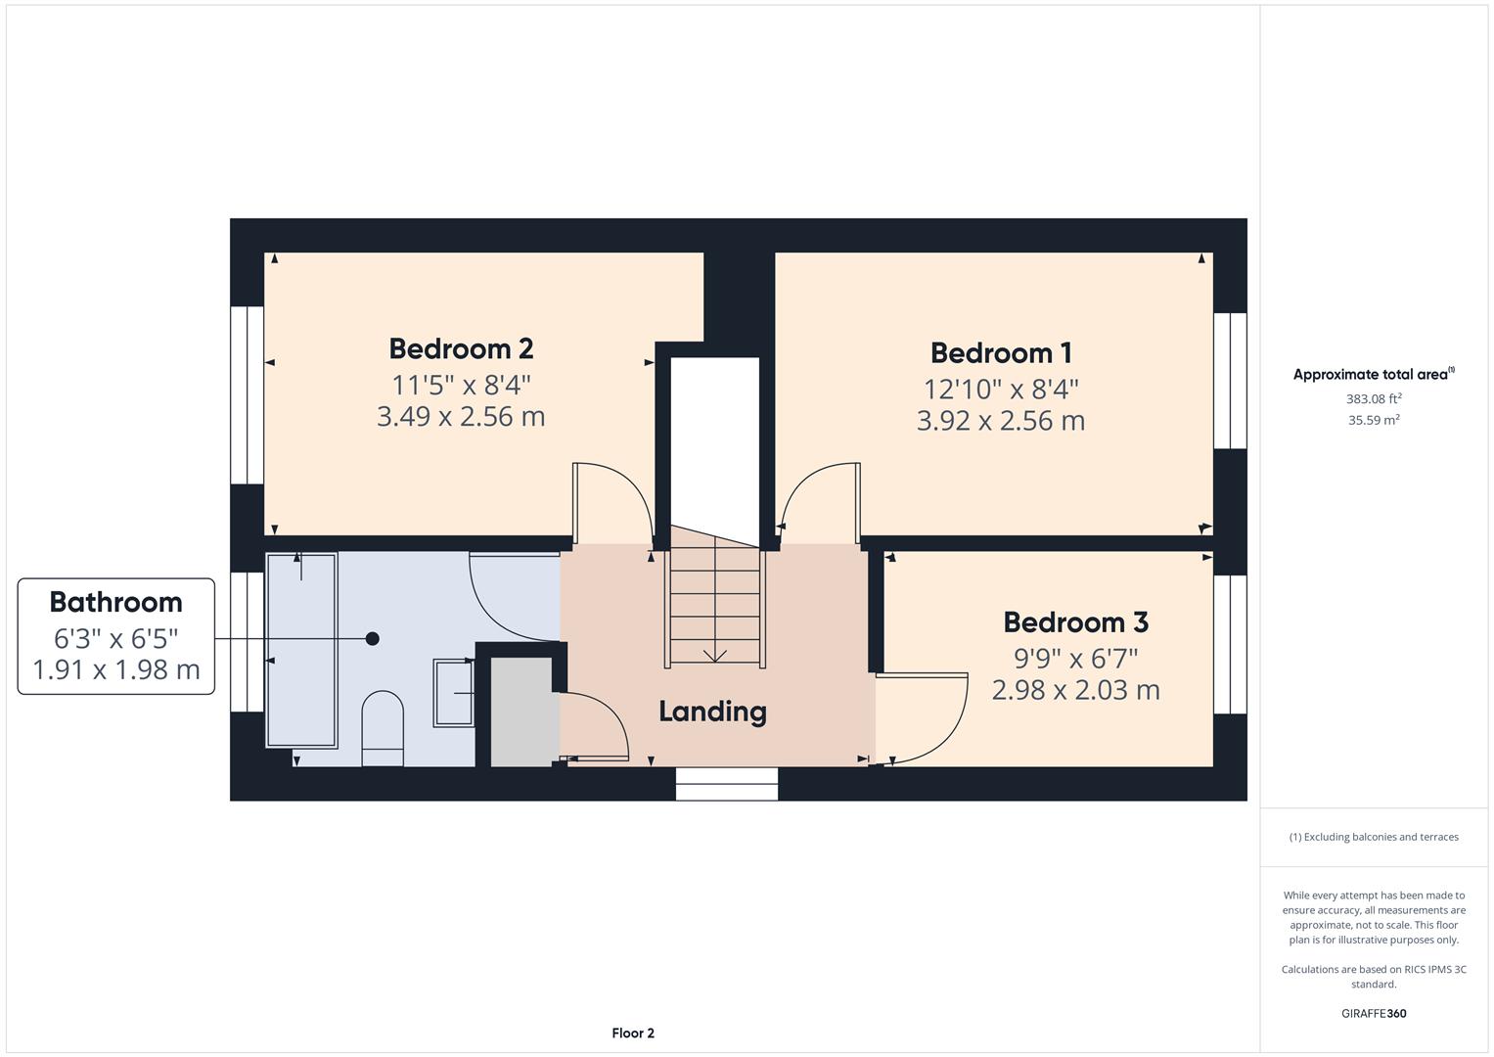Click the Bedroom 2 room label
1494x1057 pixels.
(x=461, y=348)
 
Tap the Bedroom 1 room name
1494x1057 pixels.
(x=1001, y=352)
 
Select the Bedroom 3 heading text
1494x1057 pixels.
(x=1075, y=622)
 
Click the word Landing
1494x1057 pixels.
(x=712, y=712)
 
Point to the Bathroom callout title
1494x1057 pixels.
(x=115, y=602)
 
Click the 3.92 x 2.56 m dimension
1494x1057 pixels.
(x=1001, y=421)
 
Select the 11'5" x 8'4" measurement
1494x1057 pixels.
(x=461, y=384)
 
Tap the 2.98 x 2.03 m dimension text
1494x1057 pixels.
(x=1075, y=690)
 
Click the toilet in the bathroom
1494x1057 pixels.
(x=383, y=728)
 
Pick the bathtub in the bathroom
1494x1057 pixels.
(x=301, y=650)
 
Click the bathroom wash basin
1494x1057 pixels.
(x=454, y=693)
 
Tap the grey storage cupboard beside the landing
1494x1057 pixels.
(x=521, y=712)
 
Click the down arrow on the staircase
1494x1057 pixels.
(x=715, y=655)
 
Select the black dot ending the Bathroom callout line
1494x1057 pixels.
(x=372, y=639)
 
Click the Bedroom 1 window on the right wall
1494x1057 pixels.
(x=1230, y=381)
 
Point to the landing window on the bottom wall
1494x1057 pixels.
(x=727, y=784)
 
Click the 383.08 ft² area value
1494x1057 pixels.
(x=1374, y=398)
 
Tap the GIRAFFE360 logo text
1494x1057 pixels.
(x=1374, y=1013)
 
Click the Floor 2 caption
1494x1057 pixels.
(x=633, y=1033)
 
